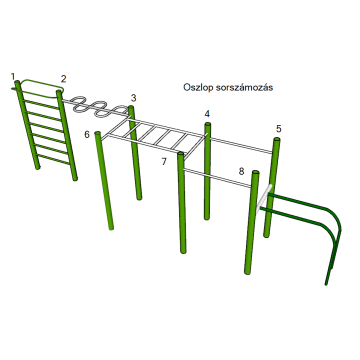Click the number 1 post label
pyautogui.click(x=13, y=77)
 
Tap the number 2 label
pyautogui.click(x=63, y=79)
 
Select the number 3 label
pyautogui.click(x=133, y=98)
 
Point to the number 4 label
pyautogui.click(x=207, y=114)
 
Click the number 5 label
pyautogui.click(x=279, y=129)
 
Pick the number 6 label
pyautogui.click(x=87, y=135)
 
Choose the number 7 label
pyautogui.click(x=164, y=162)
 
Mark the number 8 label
pyautogui.click(x=242, y=172)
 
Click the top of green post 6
pyautogui.click(x=98, y=133)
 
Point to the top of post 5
pyautogui.click(x=277, y=139)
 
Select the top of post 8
pyautogui.click(x=256, y=172)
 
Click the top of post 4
pyautogui.click(x=208, y=124)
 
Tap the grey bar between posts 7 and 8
pyautogui.click(x=217, y=178)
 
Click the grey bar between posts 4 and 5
pyautogui.click(x=242, y=145)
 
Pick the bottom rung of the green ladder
pyautogui.click(x=53, y=159)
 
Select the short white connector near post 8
pyautogui.click(x=264, y=198)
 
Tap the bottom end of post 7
pyautogui.click(x=183, y=251)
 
